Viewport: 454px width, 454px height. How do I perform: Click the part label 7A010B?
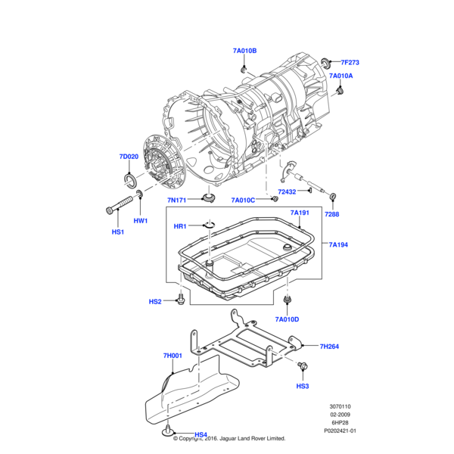[244, 51]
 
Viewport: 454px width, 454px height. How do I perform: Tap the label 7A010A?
[341, 76]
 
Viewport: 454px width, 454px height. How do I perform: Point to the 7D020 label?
[129, 157]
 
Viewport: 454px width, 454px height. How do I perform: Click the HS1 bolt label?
[117, 232]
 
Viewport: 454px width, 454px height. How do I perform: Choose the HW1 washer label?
[141, 221]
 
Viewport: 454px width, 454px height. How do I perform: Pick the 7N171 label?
[177, 200]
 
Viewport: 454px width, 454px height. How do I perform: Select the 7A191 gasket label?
[300, 213]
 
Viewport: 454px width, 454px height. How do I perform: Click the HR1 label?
[180, 227]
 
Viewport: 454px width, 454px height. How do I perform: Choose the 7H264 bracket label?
[328, 347]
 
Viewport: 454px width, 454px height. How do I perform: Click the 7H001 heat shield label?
[173, 355]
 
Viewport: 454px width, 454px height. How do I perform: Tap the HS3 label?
[303, 386]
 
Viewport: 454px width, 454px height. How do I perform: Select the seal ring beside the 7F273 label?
[326, 61]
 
